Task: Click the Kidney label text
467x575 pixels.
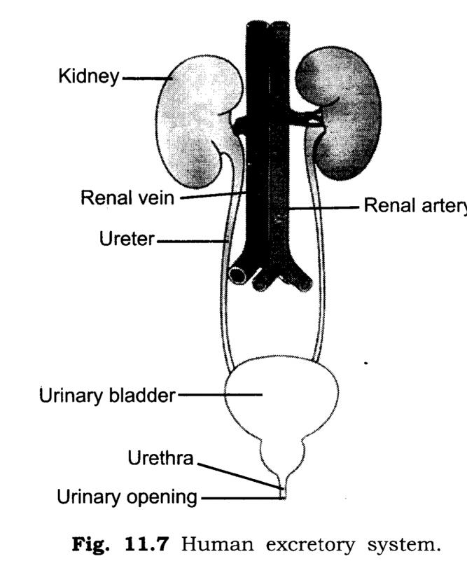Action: pyautogui.click(x=89, y=77)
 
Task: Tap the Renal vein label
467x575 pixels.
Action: pyautogui.click(x=127, y=198)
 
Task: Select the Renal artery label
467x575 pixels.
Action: pyautogui.click(x=415, y=205)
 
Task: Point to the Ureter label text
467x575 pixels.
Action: pyautogui.click(x=127, y=239)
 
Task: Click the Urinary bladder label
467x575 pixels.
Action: pyautogui.click(x=107, y=396)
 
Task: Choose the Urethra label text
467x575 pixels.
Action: pyautogui.click(x=160, y=458)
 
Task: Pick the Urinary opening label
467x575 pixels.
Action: pyautogui.click(x=127, y=498)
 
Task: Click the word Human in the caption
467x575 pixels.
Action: pyautogui.click(x=217, y=545)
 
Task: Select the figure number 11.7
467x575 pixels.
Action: pyautogui.click(x=146, y=545)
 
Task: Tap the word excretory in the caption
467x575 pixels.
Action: pyautogui.click(x=310, y=546)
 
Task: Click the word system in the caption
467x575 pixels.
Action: pyautogui.click(x=403, y=546)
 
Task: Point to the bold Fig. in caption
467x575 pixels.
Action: pyautogui.click(x=90, y=545)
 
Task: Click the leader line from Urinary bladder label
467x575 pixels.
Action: pyautogui.click(x=220, y=395)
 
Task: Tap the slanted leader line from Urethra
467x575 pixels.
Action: pyautogui.click(x=240, y=476)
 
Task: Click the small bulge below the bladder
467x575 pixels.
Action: pyautogui.click(x=281, y=455)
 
